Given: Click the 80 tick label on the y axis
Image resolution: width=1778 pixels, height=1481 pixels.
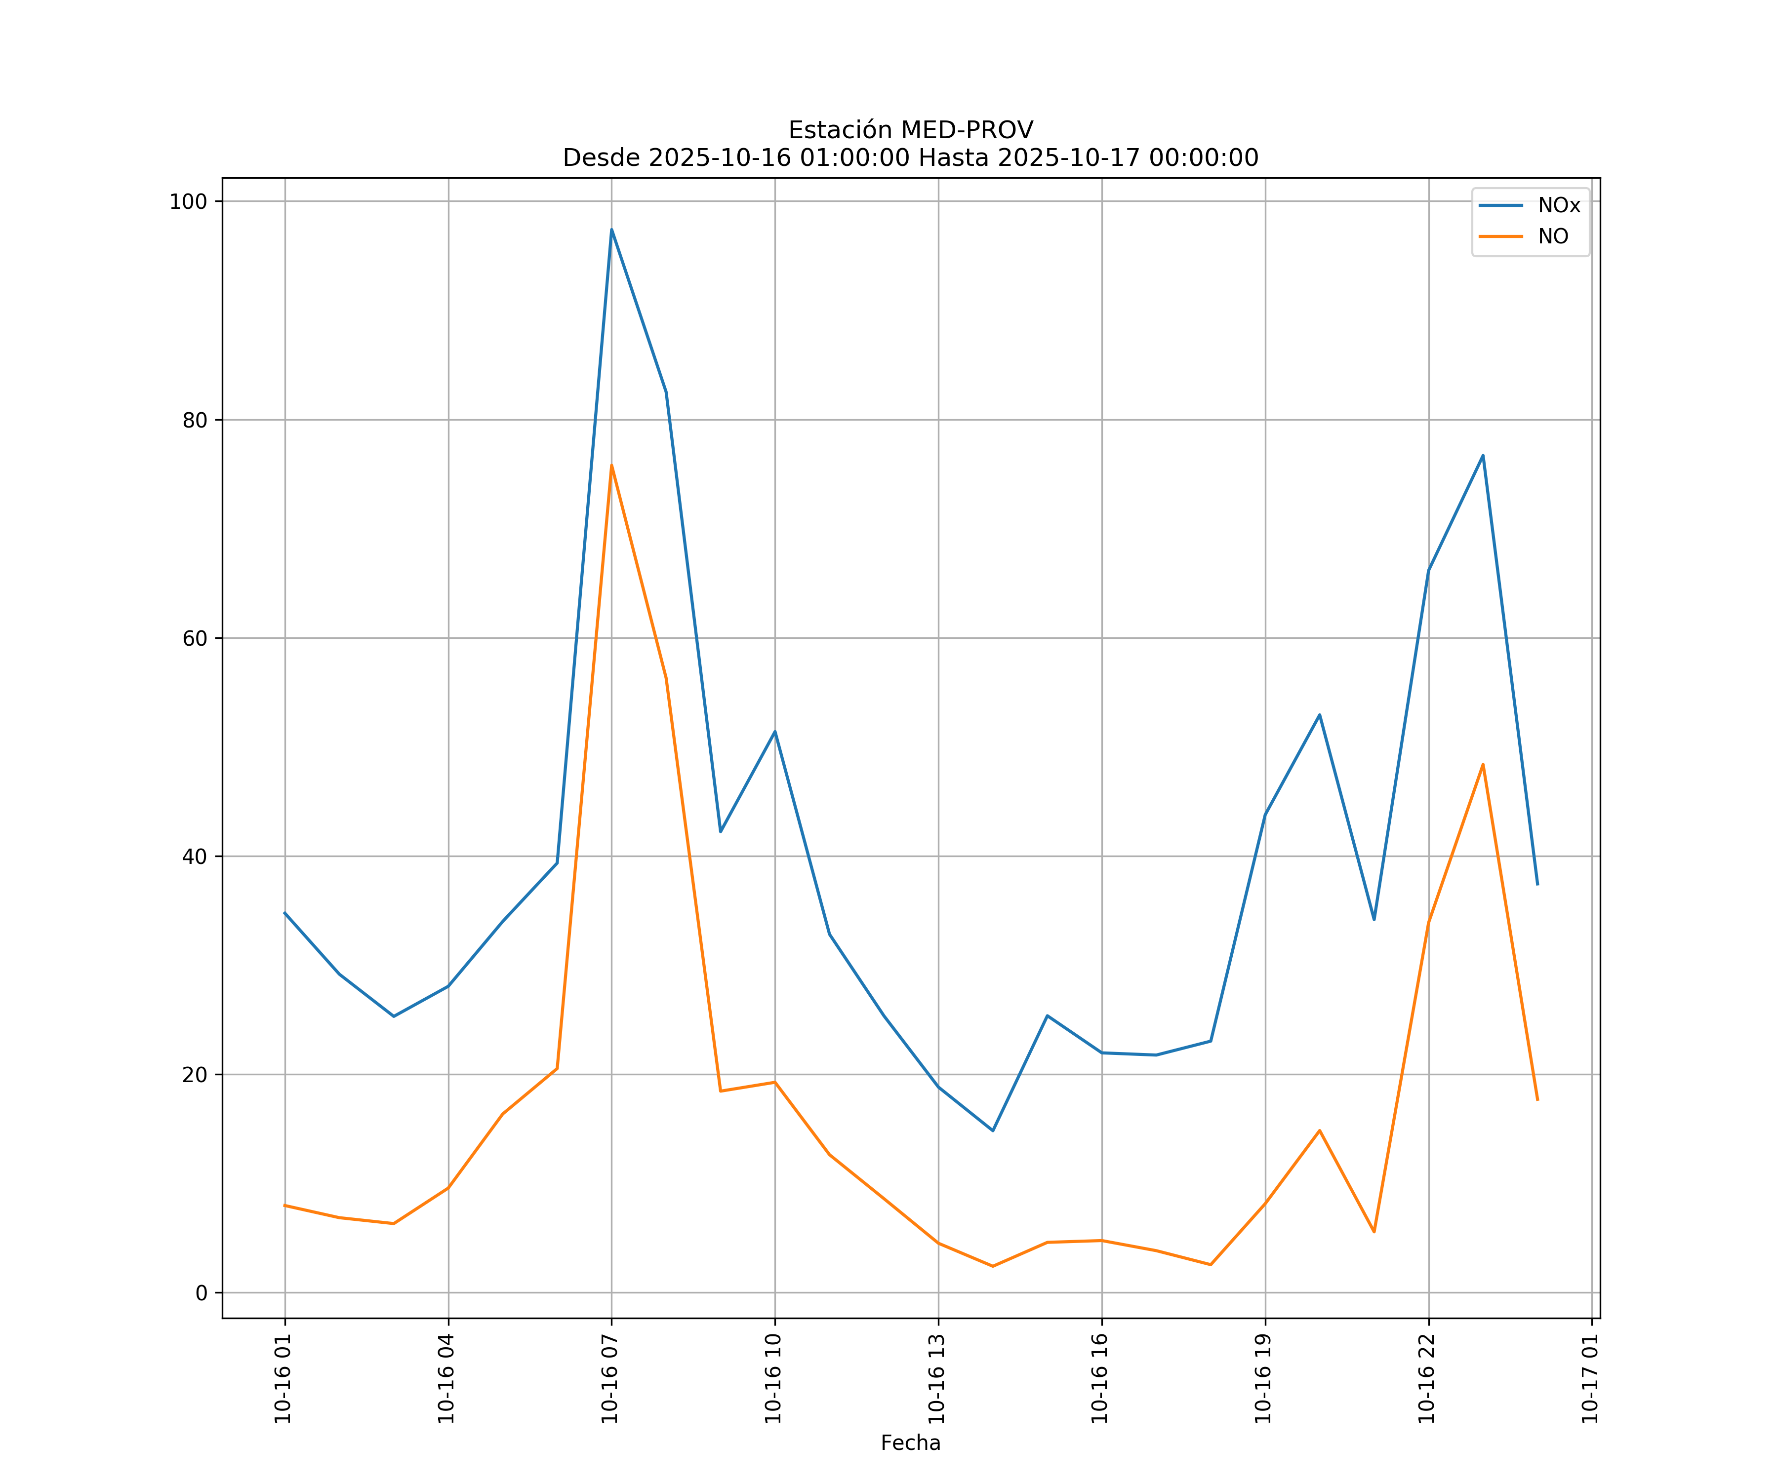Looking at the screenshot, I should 195,421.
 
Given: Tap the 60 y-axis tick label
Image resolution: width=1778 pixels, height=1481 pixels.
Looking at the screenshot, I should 195,639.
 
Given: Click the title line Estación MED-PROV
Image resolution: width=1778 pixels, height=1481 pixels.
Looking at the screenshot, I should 910,130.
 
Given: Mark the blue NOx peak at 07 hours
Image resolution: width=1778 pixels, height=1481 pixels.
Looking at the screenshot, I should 611,230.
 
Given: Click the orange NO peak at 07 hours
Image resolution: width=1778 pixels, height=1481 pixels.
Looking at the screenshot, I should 611,466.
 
